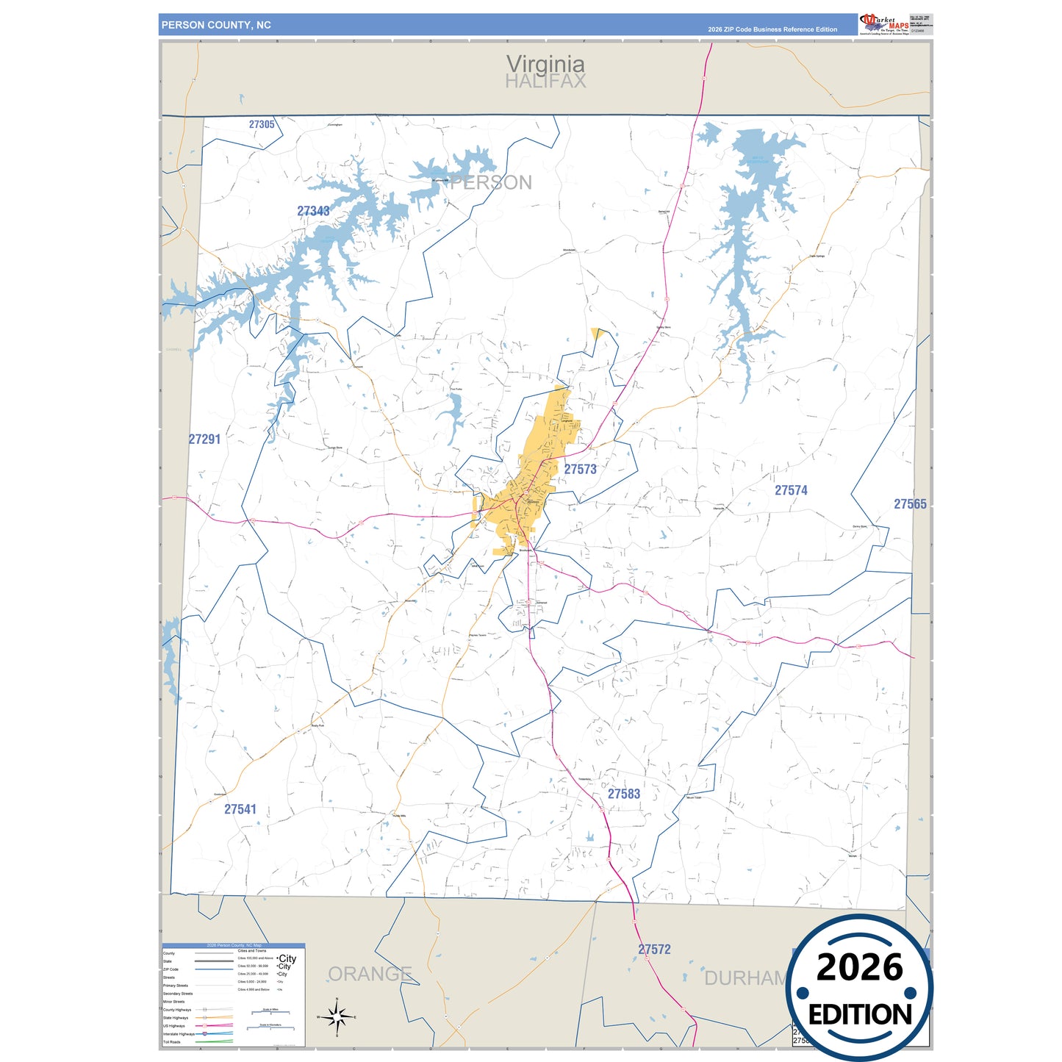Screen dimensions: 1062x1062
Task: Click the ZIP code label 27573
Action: click(x=580, y=469)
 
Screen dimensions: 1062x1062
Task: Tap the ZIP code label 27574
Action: click(x=791, y=490)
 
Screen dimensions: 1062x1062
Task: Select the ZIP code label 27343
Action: click(x=313, y=211)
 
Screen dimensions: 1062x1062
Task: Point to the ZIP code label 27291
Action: click(x=204, y=439)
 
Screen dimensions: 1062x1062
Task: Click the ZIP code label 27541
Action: click(x=240, y=809)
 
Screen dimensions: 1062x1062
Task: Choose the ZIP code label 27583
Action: click(x=624, y=794)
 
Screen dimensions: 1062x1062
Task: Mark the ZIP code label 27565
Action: click(x=910, y=504)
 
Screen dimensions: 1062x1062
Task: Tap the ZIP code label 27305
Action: click(x=262, y=125)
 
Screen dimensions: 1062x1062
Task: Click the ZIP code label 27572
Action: click(x=654, y=950)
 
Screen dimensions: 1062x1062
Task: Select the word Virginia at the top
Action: click(x=545, y=65)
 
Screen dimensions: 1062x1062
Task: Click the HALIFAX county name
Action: click(x=545, y=82)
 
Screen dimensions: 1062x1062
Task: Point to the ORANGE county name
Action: click(x=370, y=975)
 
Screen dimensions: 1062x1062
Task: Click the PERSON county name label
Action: click(x=491, y=183)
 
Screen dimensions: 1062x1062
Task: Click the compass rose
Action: click(x=337, y=1017)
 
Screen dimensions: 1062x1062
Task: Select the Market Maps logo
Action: click(x=884, y=24)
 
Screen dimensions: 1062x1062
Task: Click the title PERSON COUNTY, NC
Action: click(x=216, y=25)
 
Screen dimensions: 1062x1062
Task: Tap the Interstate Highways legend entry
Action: click(x=179, y=1034)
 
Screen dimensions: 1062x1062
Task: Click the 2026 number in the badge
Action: click(x=859, y=968)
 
